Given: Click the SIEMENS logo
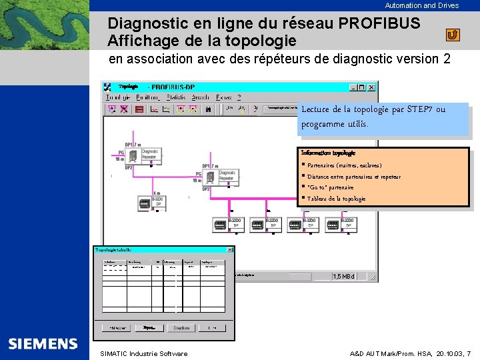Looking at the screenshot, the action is click(x=43, y=344).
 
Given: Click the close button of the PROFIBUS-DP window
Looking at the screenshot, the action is click(x=372, y=87).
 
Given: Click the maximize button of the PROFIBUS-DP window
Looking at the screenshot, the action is click(x=362, y=87).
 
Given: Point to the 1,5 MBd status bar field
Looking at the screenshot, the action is click(x=344, y=276).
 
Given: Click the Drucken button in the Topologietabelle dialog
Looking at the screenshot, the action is click(x=180, y=328).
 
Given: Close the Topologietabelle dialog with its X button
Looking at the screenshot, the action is click(x=231, y=249).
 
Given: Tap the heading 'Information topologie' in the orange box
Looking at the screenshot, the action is click(x=328, y=153).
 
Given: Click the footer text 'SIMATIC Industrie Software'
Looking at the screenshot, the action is click(x=143, y=353).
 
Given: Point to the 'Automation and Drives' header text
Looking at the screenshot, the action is click(x=421, y=5).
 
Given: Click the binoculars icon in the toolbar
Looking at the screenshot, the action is click(x=209, y=109).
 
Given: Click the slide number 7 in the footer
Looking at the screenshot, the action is click(x=469, y=353).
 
